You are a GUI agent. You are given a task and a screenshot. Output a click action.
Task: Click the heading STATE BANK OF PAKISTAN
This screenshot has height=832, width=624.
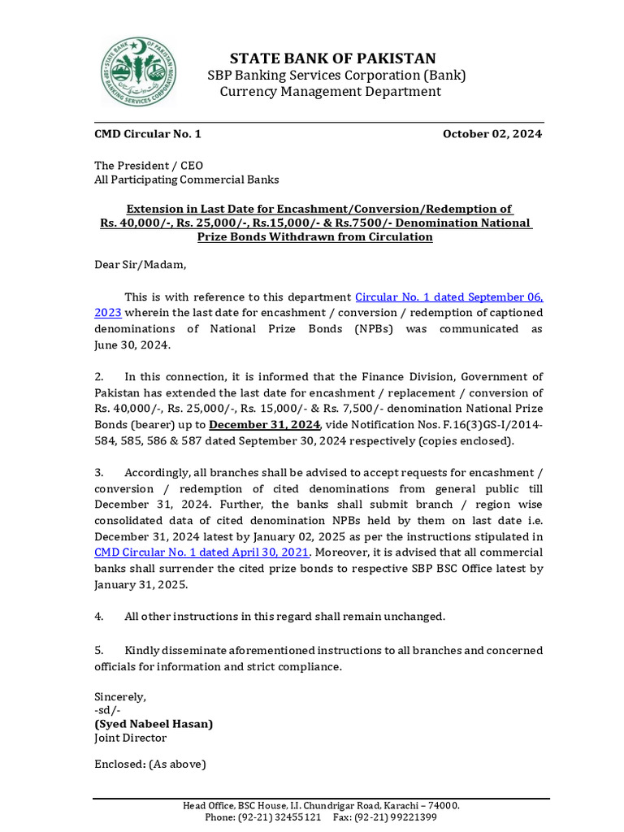coord(332,58)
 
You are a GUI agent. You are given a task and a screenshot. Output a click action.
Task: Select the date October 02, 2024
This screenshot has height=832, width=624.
coord(492,134)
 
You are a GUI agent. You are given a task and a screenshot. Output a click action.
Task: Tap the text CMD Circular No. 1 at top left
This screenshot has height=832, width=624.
coord(147,134)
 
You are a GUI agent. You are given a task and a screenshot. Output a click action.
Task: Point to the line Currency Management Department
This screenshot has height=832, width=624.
coord(331,91)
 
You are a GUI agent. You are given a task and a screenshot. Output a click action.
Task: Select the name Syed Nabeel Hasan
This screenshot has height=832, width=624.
coord(154,723)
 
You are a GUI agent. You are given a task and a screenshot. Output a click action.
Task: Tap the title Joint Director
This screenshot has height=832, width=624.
coord(130,738)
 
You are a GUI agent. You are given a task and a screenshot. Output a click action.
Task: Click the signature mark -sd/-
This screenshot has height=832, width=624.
coord(107,710)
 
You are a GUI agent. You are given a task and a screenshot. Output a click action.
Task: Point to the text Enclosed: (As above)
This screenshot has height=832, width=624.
coord(149,765)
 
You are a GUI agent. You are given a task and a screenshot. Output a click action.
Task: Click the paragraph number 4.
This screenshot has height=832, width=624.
coord(98,617)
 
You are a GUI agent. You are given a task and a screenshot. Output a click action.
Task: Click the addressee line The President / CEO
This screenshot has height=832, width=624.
coord(149,165)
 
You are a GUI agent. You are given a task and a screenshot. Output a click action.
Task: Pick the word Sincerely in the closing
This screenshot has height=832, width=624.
coord(119,696)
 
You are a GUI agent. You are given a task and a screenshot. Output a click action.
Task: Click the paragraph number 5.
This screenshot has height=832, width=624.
coord(98,651)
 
